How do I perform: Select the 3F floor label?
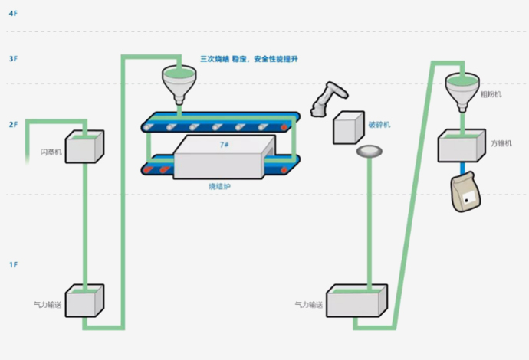12,58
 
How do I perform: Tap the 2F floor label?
12,123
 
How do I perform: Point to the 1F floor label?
12,264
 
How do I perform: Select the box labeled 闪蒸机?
84,146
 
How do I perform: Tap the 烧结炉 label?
219,186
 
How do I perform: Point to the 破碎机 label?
379,124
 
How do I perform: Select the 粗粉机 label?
490,94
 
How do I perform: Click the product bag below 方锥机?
467,193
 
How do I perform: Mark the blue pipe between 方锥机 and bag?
462,169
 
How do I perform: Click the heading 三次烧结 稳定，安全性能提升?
251,58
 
